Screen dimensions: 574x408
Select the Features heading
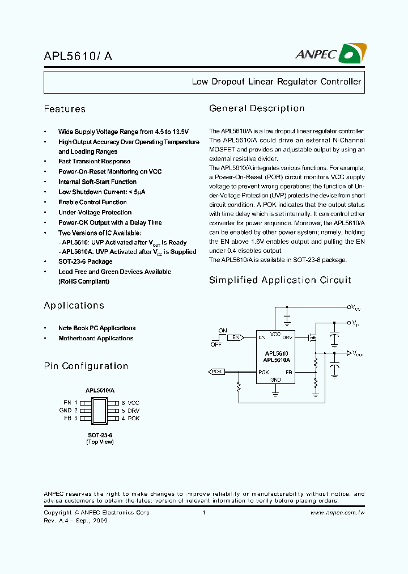(65, 109)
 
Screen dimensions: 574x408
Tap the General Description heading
(257, 108)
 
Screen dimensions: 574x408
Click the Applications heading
(74, 306)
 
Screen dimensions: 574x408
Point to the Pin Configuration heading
(86, 366)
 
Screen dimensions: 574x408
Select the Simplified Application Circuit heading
(280, 280)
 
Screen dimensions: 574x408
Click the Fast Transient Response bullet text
(94, 162)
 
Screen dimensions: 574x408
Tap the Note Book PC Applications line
(97, 328)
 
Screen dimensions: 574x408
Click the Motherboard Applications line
(96, 339)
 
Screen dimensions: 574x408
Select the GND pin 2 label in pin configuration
(65, 410)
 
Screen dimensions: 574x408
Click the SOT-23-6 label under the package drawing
(100, 434)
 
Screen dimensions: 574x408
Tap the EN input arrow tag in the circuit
(236, 337)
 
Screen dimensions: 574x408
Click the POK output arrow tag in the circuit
(216, 372)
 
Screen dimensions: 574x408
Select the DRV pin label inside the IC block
(288, 337)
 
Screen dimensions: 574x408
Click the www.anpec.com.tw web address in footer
(337, 513)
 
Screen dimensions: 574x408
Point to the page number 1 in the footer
(203, 513)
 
